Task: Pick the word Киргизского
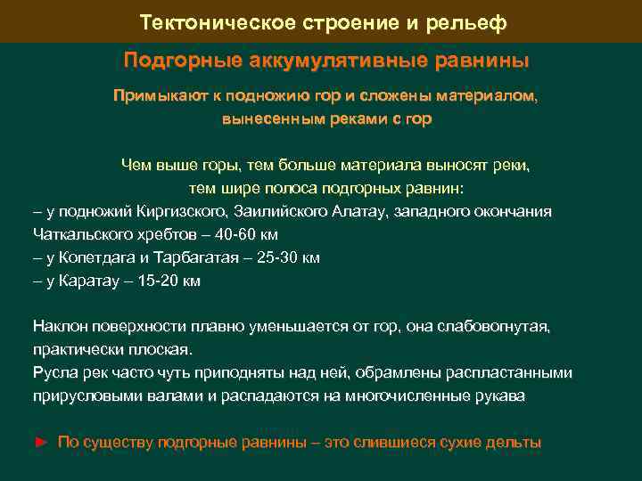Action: pos(177,212)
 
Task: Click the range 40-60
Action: pos(255,235)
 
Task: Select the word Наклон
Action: pos(60,327)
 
